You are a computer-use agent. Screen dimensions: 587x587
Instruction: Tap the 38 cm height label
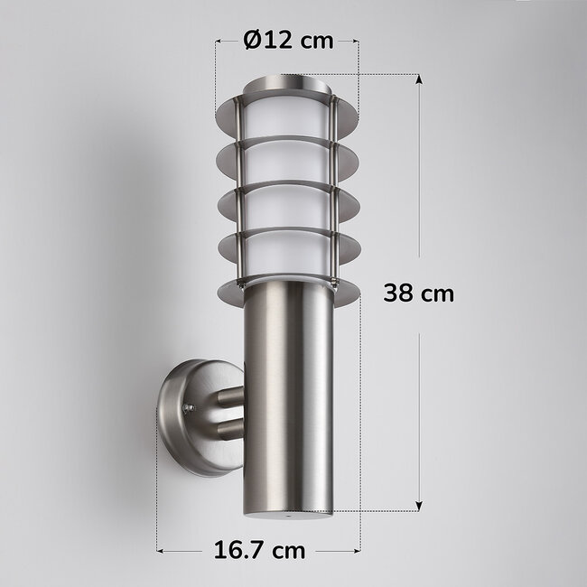point(418,293)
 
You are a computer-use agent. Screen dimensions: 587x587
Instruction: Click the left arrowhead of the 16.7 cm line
point(161,549)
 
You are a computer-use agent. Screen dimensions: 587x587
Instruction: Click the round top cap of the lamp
point(287,89)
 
